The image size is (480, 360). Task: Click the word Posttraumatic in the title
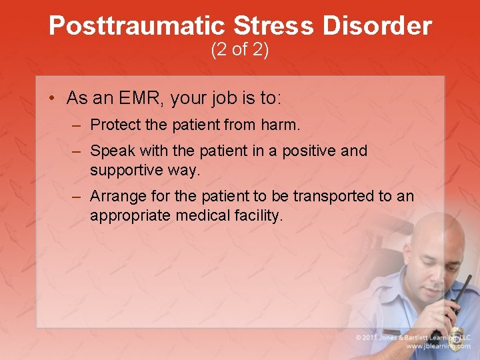coord(137,27)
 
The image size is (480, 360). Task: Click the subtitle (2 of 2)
coord(240,50)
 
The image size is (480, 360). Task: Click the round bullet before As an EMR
coord(52,99)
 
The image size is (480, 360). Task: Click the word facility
coord(260,215)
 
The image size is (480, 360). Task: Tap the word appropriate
coord(131,215)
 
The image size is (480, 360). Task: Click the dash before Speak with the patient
coord(78,151)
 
